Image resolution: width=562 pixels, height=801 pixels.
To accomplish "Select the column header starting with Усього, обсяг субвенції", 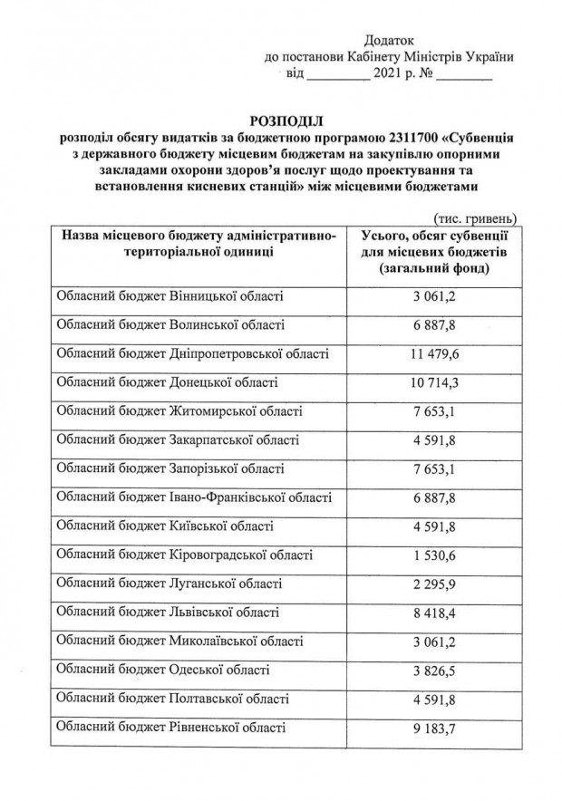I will tap(432, 252).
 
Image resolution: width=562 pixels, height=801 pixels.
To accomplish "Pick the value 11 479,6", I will tap(432, 353).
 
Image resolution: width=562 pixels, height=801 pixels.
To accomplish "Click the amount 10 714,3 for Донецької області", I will tap(432, 382).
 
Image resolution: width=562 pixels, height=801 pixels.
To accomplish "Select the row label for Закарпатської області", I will tap(178, 439).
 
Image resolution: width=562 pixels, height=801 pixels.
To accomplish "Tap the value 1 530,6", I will tap(432, 555).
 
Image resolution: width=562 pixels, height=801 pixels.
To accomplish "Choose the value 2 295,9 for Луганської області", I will tap(432, 584).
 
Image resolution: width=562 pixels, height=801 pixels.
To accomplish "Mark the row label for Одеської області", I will tap(163, 670).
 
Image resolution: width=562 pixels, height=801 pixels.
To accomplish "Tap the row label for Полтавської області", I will tap(173, 699).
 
